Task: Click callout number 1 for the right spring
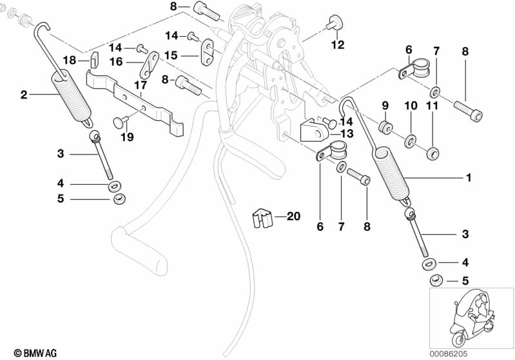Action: [x=469, y=176]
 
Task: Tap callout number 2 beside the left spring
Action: [x=24, y=95]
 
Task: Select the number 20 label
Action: [x=293, y=217]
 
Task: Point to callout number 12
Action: [x=338, y=44]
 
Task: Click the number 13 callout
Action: [x=347, y=133]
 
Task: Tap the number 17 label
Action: [x=141, y=85]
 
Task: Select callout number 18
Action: [x=69, y=60]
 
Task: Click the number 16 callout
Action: [x=117, y=62]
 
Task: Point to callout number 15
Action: [x=170, y=55]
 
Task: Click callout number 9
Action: [x=385, y=105]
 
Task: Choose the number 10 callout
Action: [x=411, y=105]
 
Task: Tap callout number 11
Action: [x=432, y=105]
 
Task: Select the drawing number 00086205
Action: [x=490, y=352]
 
